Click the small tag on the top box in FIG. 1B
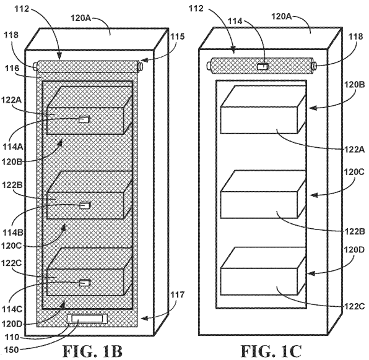coord(84,119)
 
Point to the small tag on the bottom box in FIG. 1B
coord(84,283)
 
